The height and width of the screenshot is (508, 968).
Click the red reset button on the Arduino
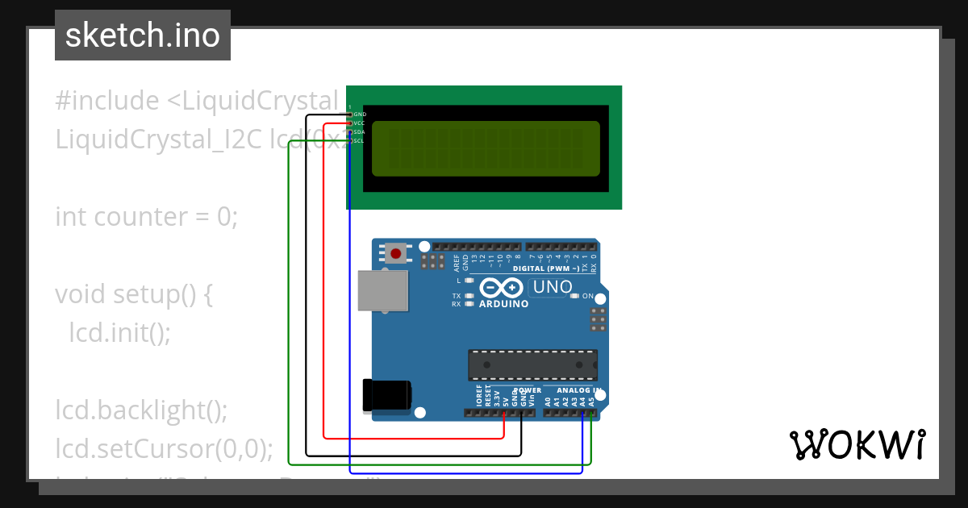click(395, 254)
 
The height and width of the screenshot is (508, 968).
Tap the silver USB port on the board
click(383, 290)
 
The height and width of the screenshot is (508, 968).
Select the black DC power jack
click(387, 395)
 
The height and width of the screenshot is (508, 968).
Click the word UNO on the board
click(553, 287)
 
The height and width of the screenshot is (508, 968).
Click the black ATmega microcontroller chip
click(532, 364)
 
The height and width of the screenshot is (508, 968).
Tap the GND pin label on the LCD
click(360, 115)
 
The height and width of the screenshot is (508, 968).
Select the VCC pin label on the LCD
click(360, 123)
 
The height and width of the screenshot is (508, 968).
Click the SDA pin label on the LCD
click(360, 132)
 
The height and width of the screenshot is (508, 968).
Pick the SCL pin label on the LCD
click(360, 141)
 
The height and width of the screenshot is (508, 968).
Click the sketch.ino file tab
click(143, 35)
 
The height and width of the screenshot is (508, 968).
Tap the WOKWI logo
click(857, 444)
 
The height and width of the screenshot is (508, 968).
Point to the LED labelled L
click(469, 281)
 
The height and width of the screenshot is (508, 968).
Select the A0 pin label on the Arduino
click(548, 400)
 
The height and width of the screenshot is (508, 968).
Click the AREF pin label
click(457, 261)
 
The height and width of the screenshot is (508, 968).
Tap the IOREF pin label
click(478, 395)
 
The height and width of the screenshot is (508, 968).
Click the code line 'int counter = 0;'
click(147, 217)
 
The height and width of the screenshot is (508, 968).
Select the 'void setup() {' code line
click(134, 294)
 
